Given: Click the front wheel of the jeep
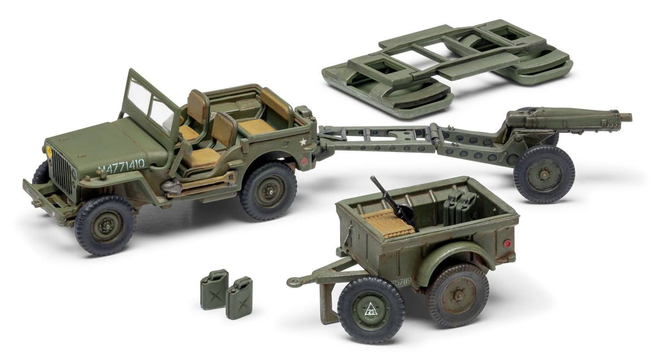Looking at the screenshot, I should (x=105, y=225).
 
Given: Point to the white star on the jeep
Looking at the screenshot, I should (x=303, y=142).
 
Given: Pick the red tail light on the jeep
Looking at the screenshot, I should (x=303, y=161).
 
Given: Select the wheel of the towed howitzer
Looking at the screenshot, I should (x=544, y=174).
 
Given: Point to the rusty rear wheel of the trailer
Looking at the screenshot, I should (x=457, y=294).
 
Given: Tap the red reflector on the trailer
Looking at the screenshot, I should (x=507, y=243).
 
